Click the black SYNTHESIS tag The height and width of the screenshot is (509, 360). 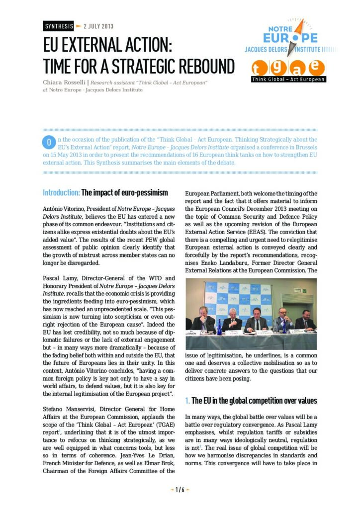tap(59, 25)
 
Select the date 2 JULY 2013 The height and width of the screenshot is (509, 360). tap(99, 25)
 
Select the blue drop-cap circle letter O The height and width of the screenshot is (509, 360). tap(49, 143)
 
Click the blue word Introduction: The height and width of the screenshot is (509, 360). tap(61, 192)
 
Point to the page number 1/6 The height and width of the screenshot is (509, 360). tap(180, 490)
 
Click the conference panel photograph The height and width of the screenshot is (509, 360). tap(251, 314)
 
